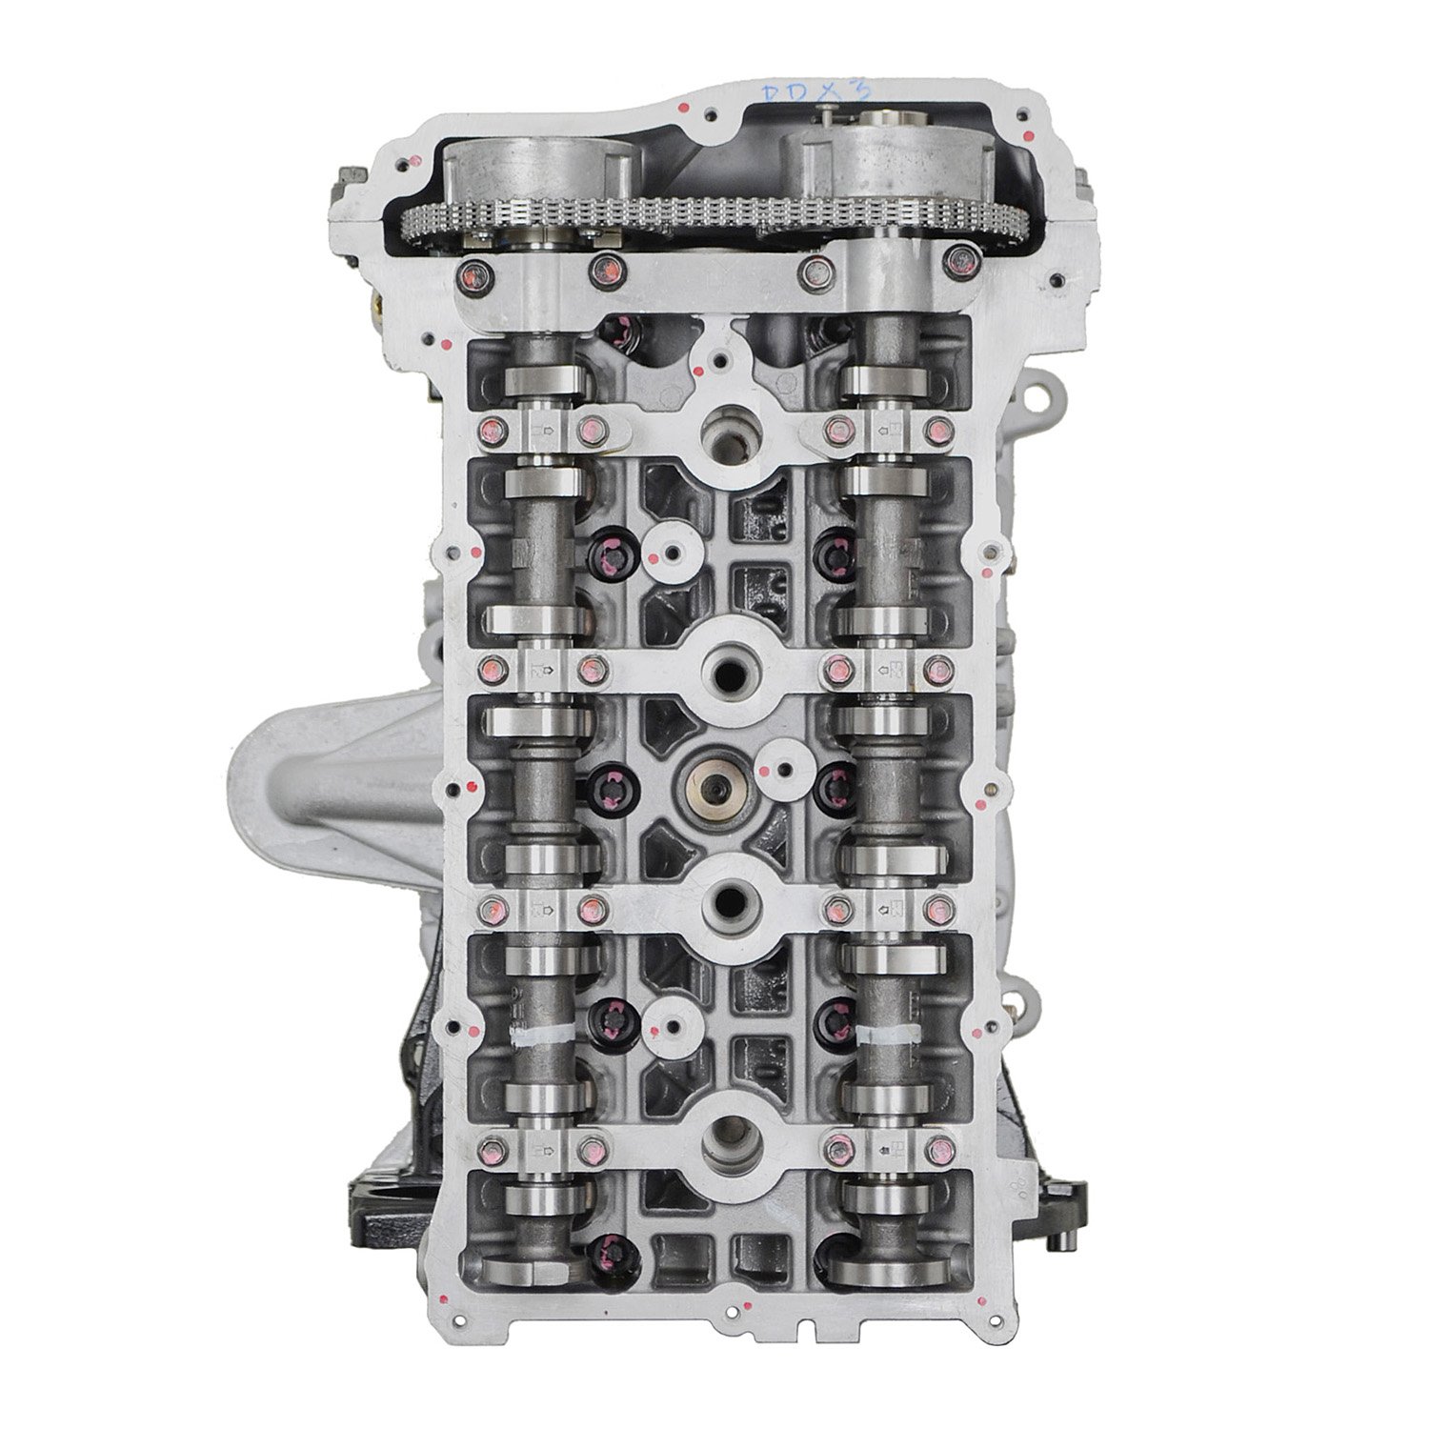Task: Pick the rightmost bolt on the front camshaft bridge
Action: tap(957, 277)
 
